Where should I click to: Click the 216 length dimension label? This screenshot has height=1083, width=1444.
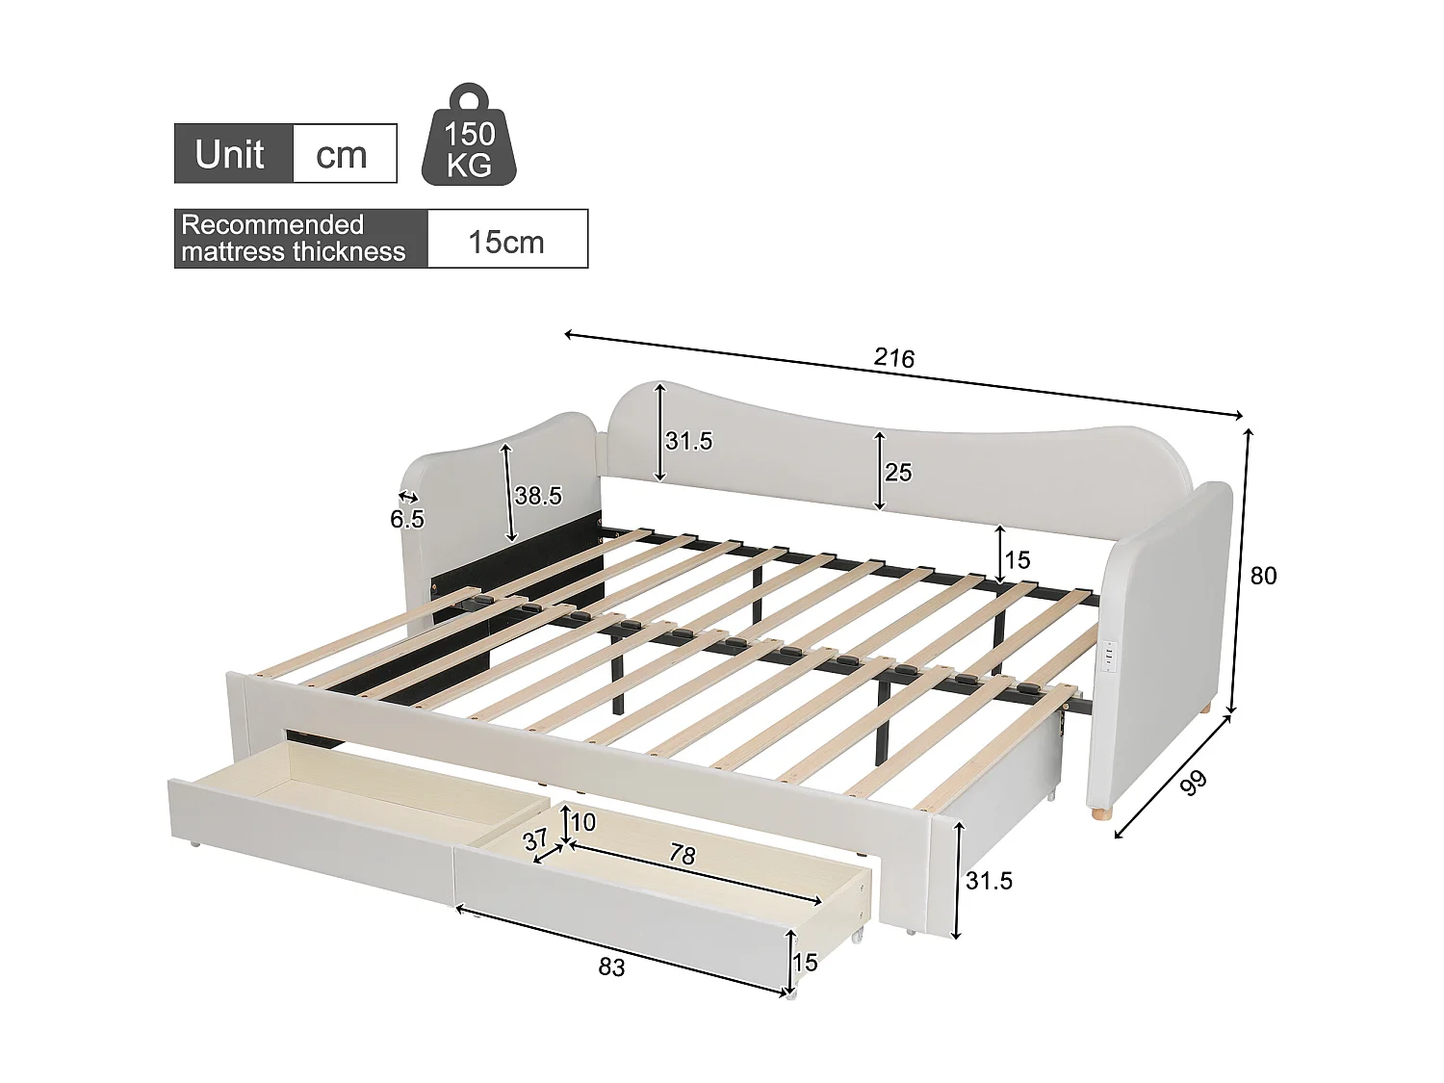[893, 358]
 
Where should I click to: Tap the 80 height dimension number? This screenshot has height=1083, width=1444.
[1263, 576]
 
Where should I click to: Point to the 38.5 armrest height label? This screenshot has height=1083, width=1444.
[537, 496]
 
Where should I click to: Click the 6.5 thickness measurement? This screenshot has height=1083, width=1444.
[407, 520]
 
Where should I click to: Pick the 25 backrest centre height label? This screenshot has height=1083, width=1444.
[898, 473]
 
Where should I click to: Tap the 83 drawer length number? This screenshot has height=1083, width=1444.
[611, 967]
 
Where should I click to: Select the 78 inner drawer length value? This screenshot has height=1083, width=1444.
[682, 856]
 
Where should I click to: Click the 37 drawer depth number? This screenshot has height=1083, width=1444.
[535, 839]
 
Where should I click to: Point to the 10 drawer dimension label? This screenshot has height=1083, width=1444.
[583, 822]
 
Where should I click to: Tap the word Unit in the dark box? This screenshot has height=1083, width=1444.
[230, 154]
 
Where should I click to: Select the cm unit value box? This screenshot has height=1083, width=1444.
[343, 154]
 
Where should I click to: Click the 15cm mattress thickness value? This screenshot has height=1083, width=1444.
[506, 241]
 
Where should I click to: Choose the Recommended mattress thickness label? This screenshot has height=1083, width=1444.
[294, 239]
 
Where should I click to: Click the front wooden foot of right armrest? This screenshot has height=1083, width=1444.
[1098, 814]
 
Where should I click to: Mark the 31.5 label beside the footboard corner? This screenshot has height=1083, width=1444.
[989, 881]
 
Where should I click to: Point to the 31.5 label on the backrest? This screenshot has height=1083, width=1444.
[688, 442]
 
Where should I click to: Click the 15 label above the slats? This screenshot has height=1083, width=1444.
[1018, 559]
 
